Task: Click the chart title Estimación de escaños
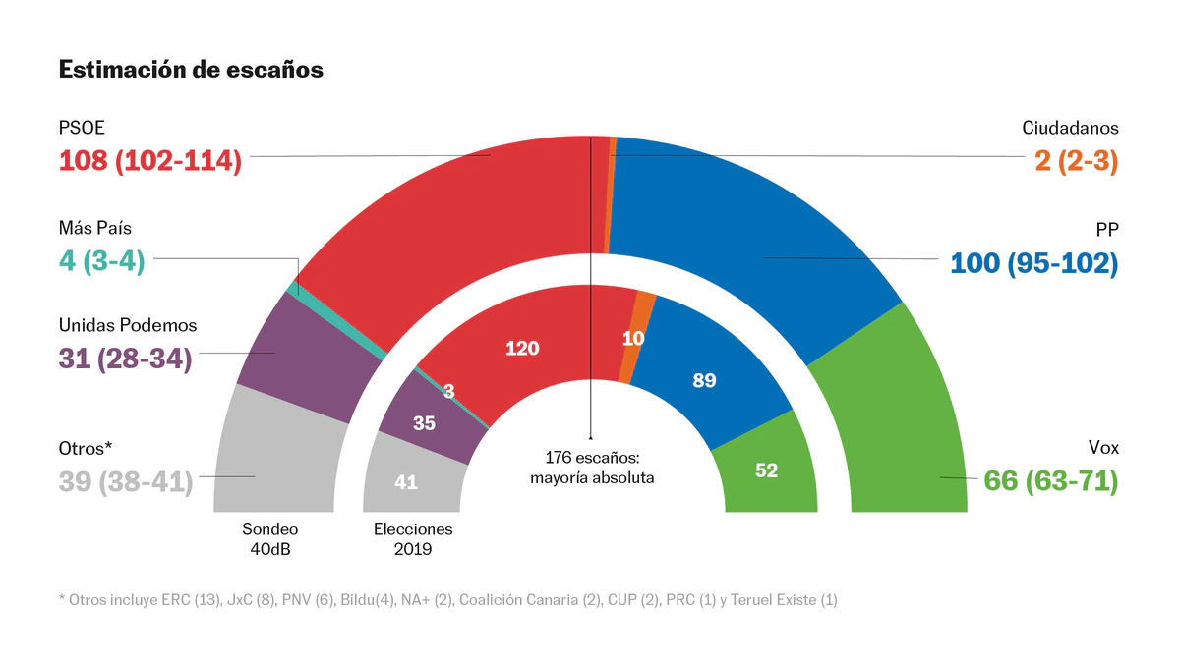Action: (191, 70)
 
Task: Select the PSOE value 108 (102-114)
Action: (150, 160)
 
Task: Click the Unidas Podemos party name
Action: (128, 325)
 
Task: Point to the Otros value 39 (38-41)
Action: (126, 482)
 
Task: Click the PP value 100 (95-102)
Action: (1034, 263)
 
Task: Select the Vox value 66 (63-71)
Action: (1051, 482)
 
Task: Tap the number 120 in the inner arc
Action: (522, 348)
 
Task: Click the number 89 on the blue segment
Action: (704, 380)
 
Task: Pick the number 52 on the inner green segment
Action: (767, 470)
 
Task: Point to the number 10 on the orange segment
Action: (633, 338)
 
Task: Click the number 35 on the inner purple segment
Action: (424, 424)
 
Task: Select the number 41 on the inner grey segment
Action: (405, 482)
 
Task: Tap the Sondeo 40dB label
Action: (270, 538)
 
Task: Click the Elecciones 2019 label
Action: (413, 538)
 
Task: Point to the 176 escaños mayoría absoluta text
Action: (592, 468)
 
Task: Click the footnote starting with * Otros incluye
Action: (447, 599)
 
